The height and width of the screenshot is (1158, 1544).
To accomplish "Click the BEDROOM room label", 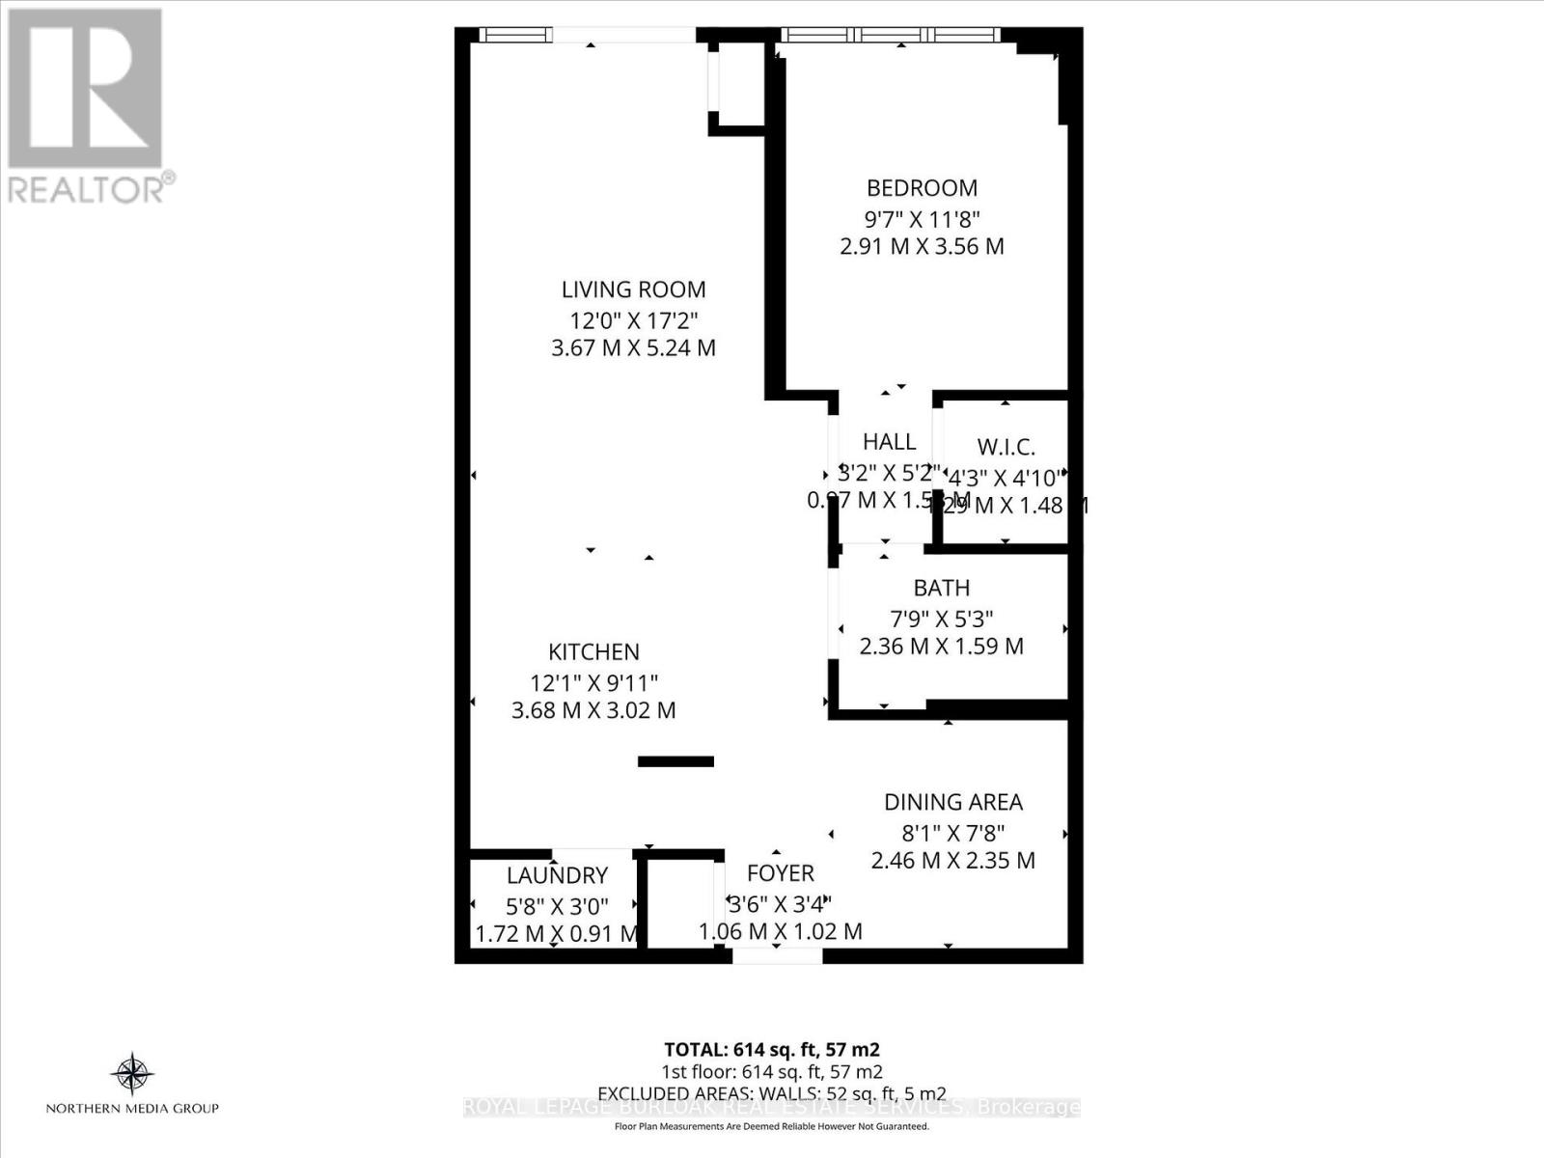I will click(922, 188).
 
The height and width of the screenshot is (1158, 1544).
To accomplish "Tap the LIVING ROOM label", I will click(633, 289).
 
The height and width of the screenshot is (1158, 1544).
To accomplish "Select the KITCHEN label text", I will click(593, 652).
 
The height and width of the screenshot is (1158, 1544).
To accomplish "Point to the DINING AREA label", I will click(953, 802).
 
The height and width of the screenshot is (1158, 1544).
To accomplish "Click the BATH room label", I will click(941, 588).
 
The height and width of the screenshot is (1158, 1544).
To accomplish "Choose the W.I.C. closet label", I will click(1006, 447).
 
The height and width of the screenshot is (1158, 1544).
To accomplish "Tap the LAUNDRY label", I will click(557, 875).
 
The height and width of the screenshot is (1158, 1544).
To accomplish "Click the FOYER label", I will click(780, 873).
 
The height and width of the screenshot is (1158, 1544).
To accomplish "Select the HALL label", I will click(889, 442).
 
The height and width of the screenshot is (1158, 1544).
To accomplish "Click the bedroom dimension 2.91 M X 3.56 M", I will click(922, 246).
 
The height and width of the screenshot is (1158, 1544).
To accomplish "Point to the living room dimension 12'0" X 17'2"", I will click(633, 319).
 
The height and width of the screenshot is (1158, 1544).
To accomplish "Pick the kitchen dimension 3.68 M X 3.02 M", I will click(593, 711).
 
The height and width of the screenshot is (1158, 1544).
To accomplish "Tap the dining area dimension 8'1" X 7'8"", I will click(953, 832).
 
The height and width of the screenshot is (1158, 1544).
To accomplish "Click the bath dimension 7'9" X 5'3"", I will click(941, 618).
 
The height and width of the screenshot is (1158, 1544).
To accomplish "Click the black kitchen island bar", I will click(675, 761).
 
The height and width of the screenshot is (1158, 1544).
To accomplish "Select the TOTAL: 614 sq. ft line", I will click(771, 1050).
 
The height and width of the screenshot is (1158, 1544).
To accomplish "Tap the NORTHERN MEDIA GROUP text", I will click(132, 1109).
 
